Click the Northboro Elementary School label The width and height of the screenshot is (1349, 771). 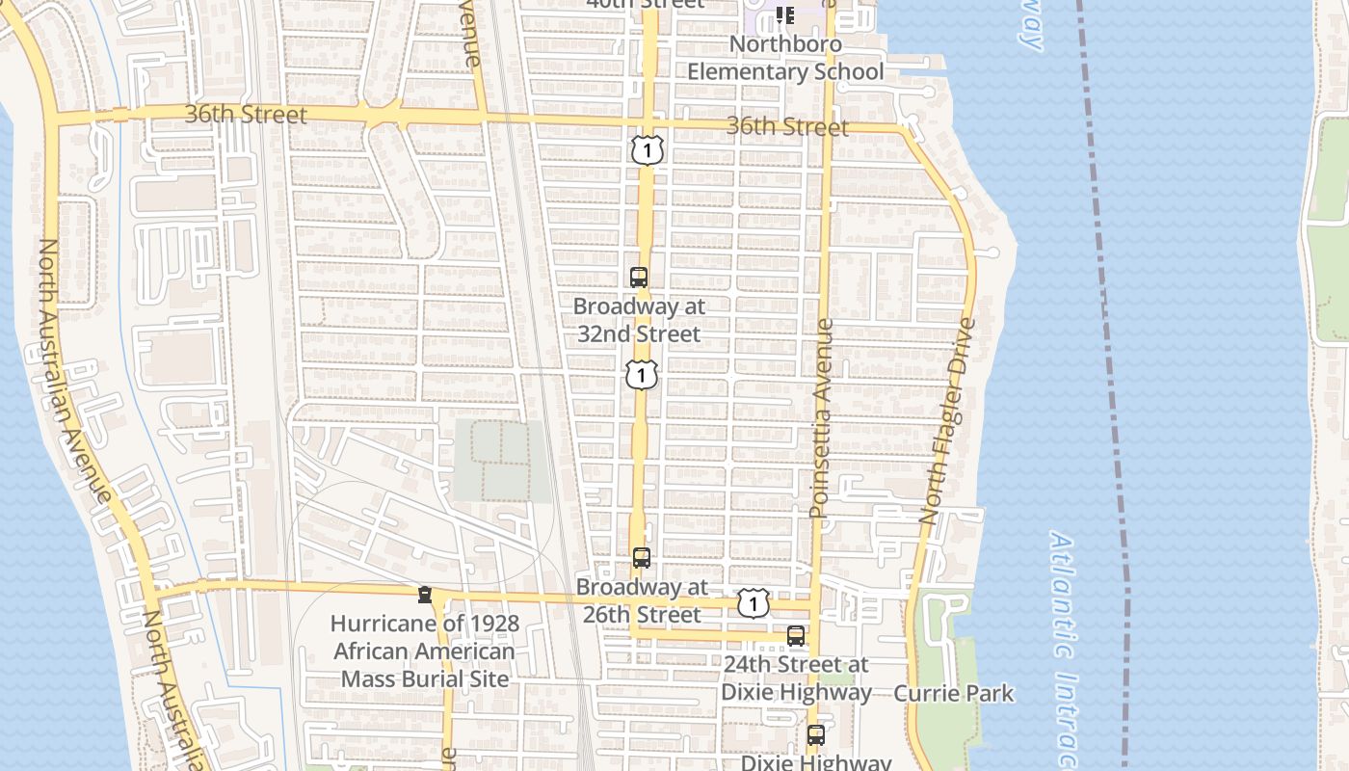785,58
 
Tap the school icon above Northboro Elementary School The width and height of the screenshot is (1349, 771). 785,14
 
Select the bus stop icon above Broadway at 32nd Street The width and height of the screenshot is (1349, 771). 639,278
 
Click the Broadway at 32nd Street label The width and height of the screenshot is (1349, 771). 639,320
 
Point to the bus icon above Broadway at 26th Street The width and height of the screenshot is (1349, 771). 642,557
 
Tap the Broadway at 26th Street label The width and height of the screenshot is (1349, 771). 642,600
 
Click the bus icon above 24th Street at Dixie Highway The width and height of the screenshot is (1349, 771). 796,636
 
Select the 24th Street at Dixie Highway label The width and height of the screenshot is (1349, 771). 796,678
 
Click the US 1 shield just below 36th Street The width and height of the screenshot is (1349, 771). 648,149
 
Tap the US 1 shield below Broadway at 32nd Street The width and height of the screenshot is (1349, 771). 642,374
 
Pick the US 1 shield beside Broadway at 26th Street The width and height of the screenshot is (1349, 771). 753,603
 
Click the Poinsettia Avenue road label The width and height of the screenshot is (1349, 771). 821,419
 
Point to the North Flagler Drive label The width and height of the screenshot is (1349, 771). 949,420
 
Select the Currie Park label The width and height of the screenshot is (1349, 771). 953,693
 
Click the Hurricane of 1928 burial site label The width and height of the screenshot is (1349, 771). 425,651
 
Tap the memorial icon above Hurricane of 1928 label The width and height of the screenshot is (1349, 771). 424,595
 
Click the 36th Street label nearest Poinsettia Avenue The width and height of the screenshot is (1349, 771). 787,127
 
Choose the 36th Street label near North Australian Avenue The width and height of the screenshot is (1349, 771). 246,115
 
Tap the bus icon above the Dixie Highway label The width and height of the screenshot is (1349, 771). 816,735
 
